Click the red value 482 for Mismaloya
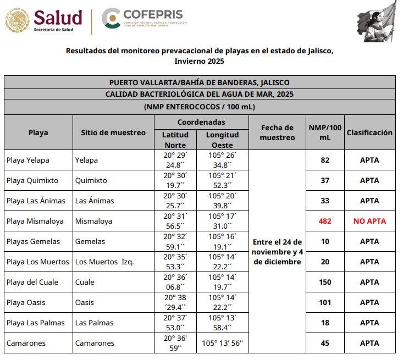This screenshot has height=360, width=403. [324, 221]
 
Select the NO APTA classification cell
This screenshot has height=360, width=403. [369, 221]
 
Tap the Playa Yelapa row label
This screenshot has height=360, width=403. [28, 160]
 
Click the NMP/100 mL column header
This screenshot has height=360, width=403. [324, 132]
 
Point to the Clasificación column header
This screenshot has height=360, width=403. [369, 132]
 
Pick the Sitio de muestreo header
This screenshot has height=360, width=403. [113, 132]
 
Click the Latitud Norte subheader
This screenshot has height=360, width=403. [175, 140]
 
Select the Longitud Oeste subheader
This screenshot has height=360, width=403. [223, 140]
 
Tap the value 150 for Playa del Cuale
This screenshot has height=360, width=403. [324, 282]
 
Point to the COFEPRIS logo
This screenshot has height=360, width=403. [144, 18]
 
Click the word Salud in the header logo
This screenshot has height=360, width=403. [58, 16]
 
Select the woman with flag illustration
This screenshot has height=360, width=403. [377, 21]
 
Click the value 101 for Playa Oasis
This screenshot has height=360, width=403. [324, 302]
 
